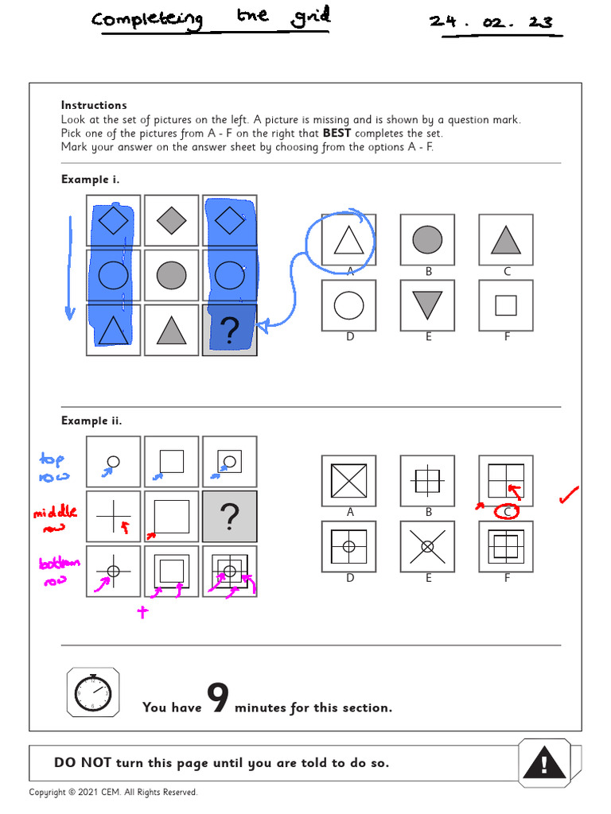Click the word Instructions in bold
pyautogui.click(x=94, y=105)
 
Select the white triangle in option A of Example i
pyautogui.click(x=348, y=239)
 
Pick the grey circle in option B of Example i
pyautogui.click(x=427, y=239)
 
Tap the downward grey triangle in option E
pyautogui.click(x=427, y=305)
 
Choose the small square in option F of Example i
pyautogui.click(x=505, y=305)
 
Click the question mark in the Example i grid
pyautogui.click(x=229, y=330)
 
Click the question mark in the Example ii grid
pyautogui.click(x=229, y=517)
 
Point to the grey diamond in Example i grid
pyautogui.click(x=171, y=220)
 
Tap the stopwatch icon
pyautogui.click(x=94, y=692)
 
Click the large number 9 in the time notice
pyautogui.click(x=218, y=698)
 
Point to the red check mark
pyautogui.click(x=569, y=496)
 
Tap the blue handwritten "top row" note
pyautogui.click(x=54, y=468)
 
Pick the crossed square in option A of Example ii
pyautogui.click(x=348, y=481)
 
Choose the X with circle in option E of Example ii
pyautogui.click(x=427, y=546)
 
